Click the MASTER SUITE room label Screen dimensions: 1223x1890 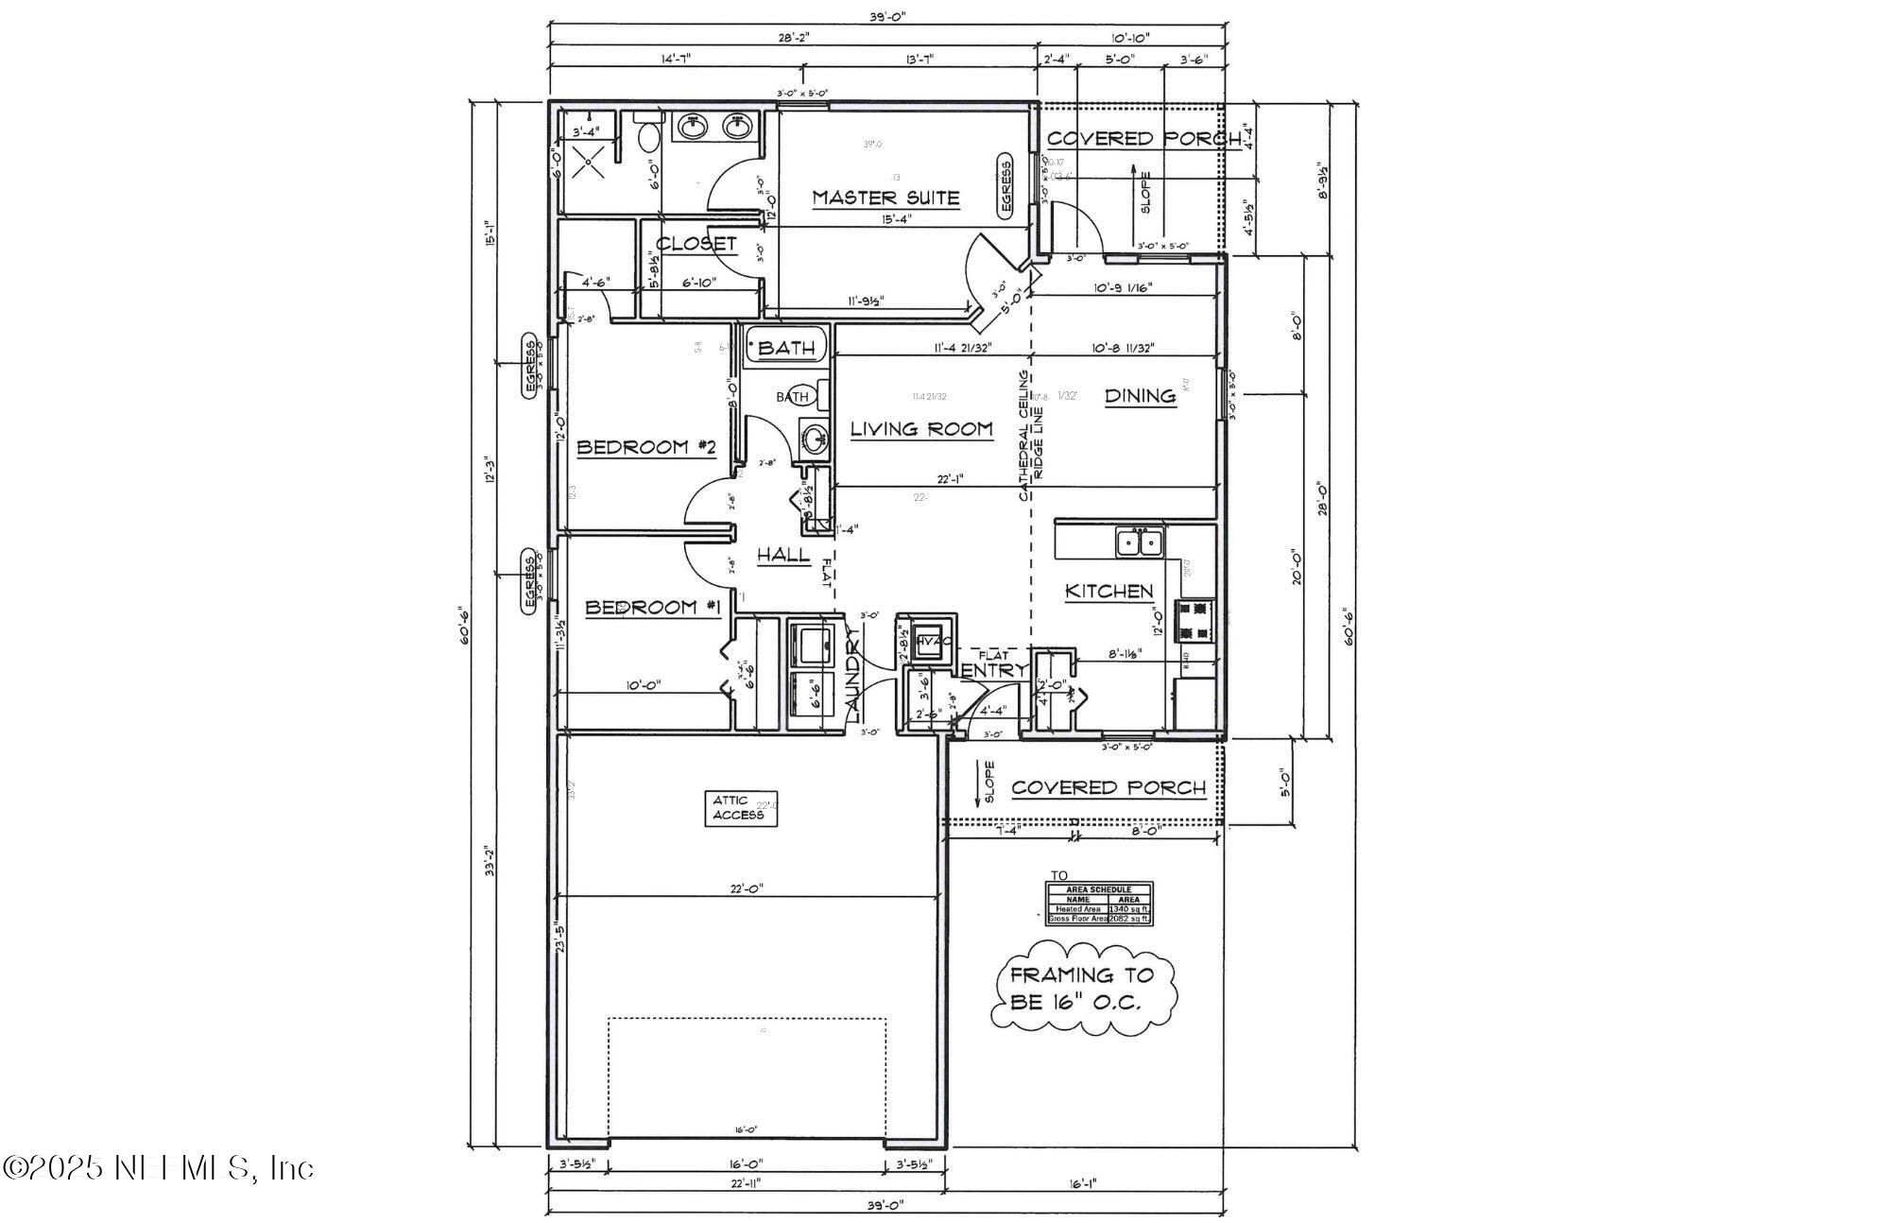[x=885, y=198]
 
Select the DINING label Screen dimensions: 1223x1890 [x=1140, y=396]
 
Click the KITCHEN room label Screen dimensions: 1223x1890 [x=1108, y=592]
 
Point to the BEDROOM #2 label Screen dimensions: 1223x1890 [x=645, y=447]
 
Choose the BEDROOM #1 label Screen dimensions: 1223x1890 [x=653, y=608]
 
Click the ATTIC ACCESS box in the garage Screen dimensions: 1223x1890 [x=741, y=808]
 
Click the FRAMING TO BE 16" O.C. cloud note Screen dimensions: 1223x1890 [x=1083, y=989]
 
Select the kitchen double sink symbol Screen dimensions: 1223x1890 [x=1140, y=543]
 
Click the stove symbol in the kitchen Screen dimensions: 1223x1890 [x=1195, y=621]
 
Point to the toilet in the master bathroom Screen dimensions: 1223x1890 [x=648, y=138]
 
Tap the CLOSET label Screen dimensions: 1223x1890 [x=696, y=244]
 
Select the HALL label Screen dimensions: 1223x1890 [x=783, y=555]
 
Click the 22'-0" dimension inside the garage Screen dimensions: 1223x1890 [x=747, y=888]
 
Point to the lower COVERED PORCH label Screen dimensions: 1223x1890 [x=1108, y=788]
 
